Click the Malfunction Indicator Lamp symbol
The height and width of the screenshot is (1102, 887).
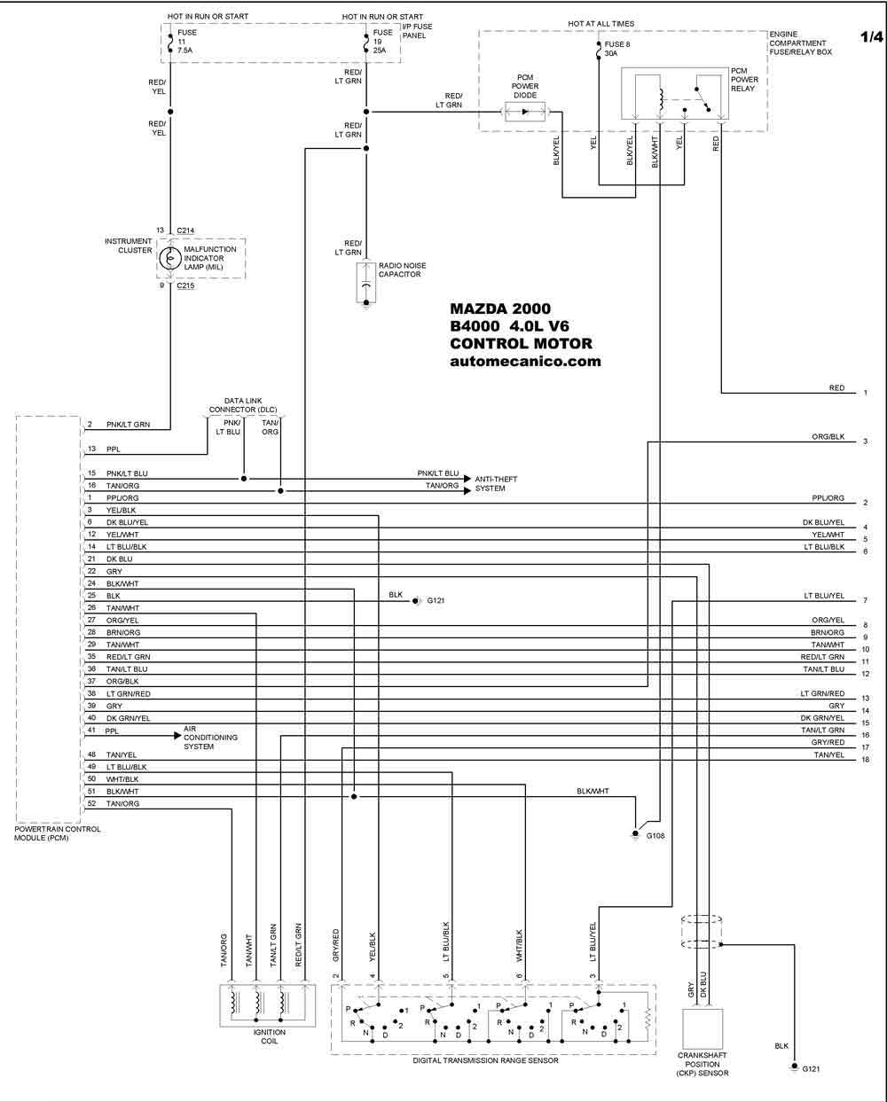pyautogui.click(x=169, y=259)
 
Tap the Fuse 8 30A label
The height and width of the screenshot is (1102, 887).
pyautogui.click(x=617, y=49)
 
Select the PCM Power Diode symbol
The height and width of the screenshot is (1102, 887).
pyautogui.click(x=525, y=112)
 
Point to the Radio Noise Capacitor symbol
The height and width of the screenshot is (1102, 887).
pyautogui.click(x=365, y=283)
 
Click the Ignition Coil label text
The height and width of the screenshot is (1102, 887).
pyautogui.click(x=269, y=1036)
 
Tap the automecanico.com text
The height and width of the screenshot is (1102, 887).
pyautogui.click(x=525, y=361)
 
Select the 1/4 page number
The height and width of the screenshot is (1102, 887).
pyautogui.click(x=872, y=37)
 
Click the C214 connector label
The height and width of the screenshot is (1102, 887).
pyautogui.click(x=185, y=231)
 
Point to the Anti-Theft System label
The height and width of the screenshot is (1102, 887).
pyautogui.click(x=496, y=484)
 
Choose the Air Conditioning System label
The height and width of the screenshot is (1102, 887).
pyautogui.click(x=210, y=738)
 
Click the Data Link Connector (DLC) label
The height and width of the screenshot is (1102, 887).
pyautogui.click(x=243, y=405)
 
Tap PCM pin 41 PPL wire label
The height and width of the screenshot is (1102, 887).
pyautogui.click(x=112, y=731)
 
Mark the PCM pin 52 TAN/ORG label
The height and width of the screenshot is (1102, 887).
pyautogui.click(x=122, y=803)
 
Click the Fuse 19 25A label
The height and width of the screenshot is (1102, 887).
pyautogui.click(x=382, y=41)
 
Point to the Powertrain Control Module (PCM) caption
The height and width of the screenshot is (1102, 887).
pyautogui.click(x=58, y=833)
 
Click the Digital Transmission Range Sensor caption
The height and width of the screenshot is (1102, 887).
pyautogui.click(x=485, y=1060)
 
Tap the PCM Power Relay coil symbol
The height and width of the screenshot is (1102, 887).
pyautogui.click(x=661, y=98)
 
